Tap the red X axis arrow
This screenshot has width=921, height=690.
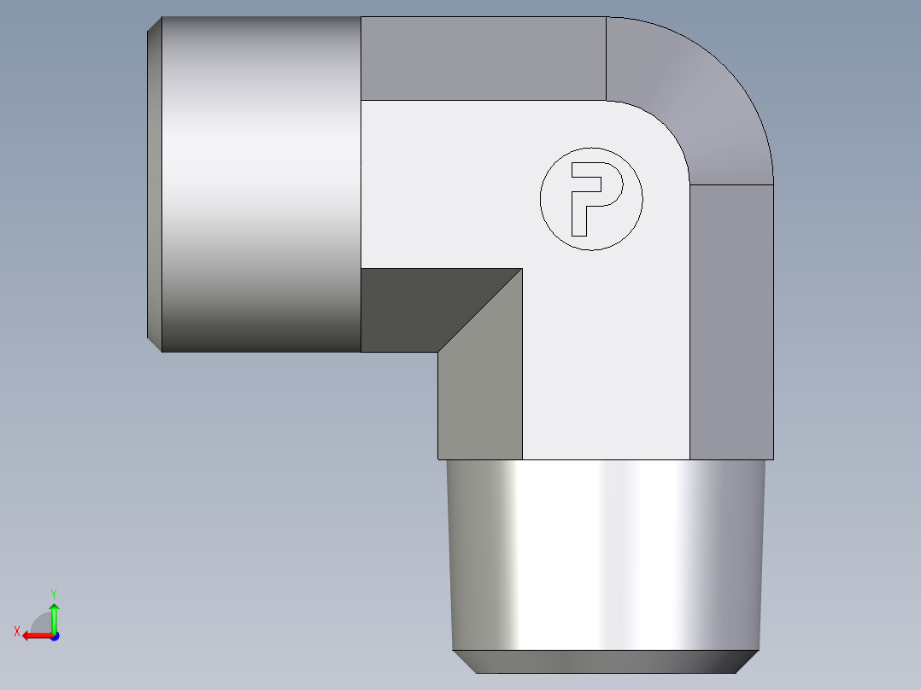pyautogui.click(x=34, y=635)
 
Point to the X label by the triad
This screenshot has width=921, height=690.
pyautogui.click(x=17, y=631)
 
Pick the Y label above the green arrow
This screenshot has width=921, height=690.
pyautogui.click(x=53, y=593)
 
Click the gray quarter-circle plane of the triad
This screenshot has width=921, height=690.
pyautogui.click(x=43, y=623)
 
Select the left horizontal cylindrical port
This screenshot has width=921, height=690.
pyautogui.click(x=261, y=184)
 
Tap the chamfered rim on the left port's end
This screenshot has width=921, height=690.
pyautogui.click(x=154, y=184)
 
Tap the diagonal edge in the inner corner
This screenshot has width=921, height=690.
pyautogui.click(x=480, y=310)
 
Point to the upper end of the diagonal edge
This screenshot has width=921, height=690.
pyautogui.click(x=521, y=270)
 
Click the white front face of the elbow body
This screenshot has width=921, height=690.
pyautogui.click(x=598, y=342)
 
